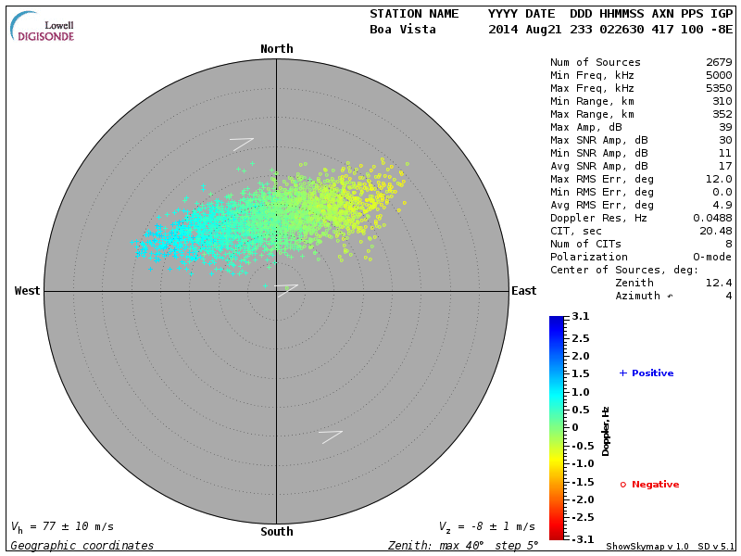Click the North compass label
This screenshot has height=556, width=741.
[276, 49]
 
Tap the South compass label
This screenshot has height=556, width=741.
[276, 532]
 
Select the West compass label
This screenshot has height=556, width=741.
[28, 291]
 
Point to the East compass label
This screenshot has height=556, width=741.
[523, 291]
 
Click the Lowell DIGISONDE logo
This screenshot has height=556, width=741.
[44, 27]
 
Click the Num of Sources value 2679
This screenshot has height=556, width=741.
[719, 63]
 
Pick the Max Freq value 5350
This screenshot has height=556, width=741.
[719, 89]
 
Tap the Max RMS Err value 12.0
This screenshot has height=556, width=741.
[719, 179]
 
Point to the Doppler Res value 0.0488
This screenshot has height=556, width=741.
[712, 218]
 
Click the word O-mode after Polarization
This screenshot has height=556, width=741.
[710, 257]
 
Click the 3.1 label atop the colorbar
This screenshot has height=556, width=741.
[581, 317]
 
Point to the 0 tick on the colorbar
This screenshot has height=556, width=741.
[574, 427]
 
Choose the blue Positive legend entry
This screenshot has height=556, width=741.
[647, 373]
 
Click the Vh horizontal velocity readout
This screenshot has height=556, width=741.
[62, 526]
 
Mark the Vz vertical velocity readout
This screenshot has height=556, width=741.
[486, 526]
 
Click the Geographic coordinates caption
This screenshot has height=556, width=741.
[82, 546]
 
